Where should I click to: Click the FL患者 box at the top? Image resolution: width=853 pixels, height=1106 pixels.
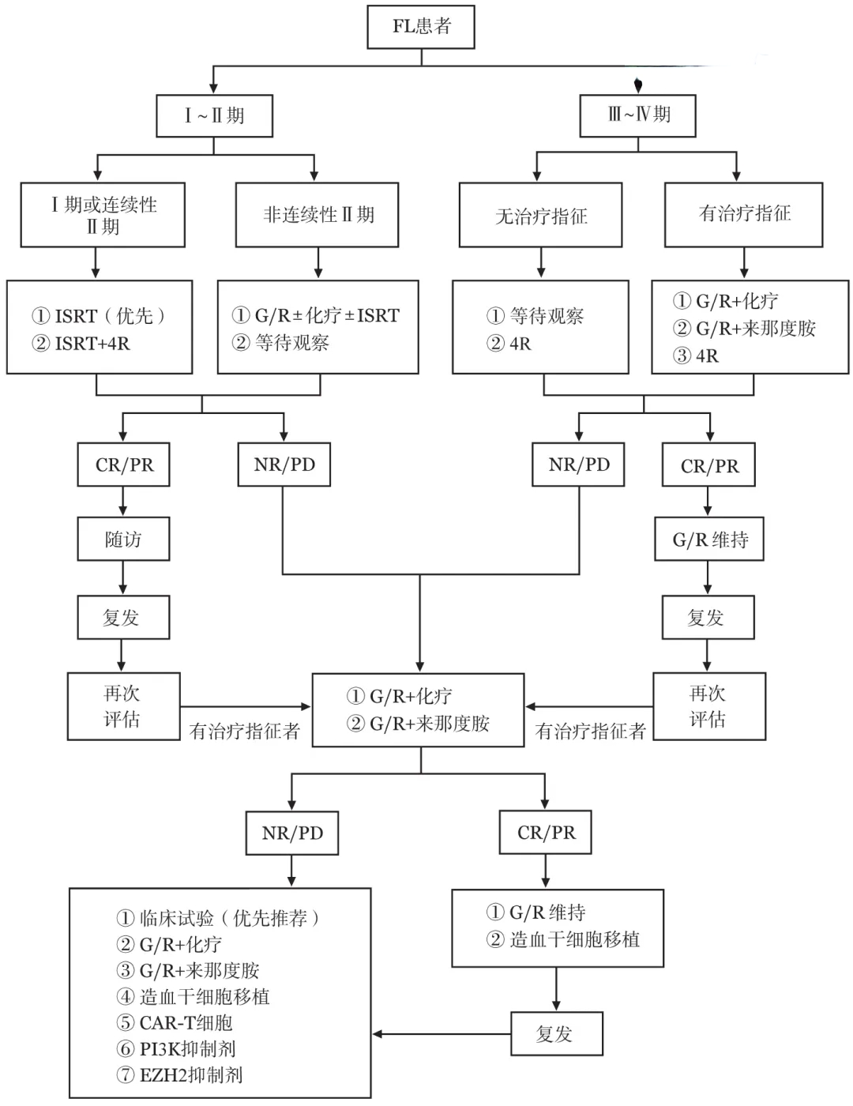(421, 27)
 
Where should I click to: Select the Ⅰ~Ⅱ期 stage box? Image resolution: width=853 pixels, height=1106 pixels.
(214, 115)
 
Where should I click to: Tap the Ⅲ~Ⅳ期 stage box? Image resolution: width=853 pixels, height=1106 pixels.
(638, 115)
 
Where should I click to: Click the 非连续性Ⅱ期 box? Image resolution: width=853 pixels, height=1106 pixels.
(317, 215)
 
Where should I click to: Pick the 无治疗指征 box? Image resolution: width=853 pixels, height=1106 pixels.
(540, 215)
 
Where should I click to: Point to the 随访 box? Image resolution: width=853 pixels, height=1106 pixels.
(123, 539)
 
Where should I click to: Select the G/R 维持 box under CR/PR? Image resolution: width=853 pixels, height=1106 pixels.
(709, 539)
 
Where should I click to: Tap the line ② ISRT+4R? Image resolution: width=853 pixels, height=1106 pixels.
(81, 344)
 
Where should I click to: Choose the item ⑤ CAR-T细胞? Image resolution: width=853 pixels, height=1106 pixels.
(175, 1022)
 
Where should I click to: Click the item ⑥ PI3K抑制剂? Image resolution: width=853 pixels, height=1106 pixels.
(176, 1048)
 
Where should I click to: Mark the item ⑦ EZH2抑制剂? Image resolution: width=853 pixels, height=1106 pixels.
(179, 1075)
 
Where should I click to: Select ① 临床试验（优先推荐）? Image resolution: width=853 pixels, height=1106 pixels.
(218, 918)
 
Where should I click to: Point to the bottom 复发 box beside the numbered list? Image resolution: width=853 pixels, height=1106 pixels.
(557, 1033)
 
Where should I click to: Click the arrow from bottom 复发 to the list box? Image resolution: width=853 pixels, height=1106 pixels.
(442, 1034)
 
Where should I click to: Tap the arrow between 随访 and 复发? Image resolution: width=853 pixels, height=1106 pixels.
(122, 577)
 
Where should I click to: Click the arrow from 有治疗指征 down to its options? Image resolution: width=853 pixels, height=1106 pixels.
(744, 263)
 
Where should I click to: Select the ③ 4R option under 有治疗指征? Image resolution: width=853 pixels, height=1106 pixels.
(696, 355)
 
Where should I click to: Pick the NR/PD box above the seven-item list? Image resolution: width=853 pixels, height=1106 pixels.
(292, 833)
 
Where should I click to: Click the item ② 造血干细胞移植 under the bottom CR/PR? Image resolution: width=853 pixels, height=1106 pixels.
(562, 939)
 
